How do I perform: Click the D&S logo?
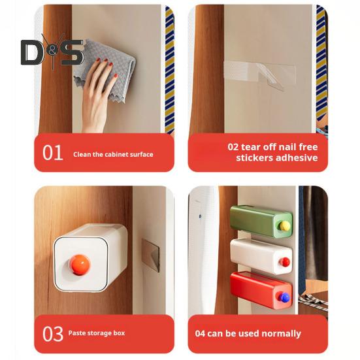click(52, 52)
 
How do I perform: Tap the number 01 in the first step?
click(53, 153)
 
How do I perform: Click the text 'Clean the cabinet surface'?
click(113, 155)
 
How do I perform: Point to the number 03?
click(53, 333)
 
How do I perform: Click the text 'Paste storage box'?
click(96, 333)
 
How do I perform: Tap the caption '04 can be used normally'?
click(248, 333)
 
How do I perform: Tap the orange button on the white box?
click(79, 265)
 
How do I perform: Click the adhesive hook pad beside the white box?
click(151, 255)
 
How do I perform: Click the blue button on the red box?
click(284, 297)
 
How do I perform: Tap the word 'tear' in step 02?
click(252, 146)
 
